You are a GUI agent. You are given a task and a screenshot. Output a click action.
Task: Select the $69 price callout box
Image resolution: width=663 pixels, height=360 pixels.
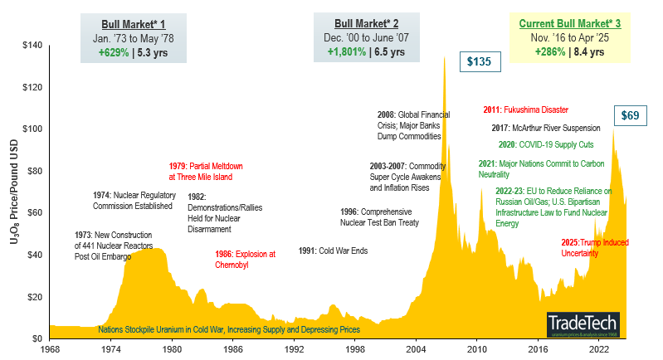(x=631, y=115)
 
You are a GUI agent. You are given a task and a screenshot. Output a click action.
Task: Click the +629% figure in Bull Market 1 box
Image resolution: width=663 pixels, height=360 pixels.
(x=112, y=51)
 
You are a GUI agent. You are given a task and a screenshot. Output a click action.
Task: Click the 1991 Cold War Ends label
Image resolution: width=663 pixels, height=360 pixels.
(x=333, y=251)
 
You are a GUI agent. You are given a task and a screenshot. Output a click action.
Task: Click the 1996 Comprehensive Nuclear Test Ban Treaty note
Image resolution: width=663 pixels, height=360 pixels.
(x=380, y=216)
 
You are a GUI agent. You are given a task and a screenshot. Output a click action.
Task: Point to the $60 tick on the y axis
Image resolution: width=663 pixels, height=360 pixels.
(x=34, y=212)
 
